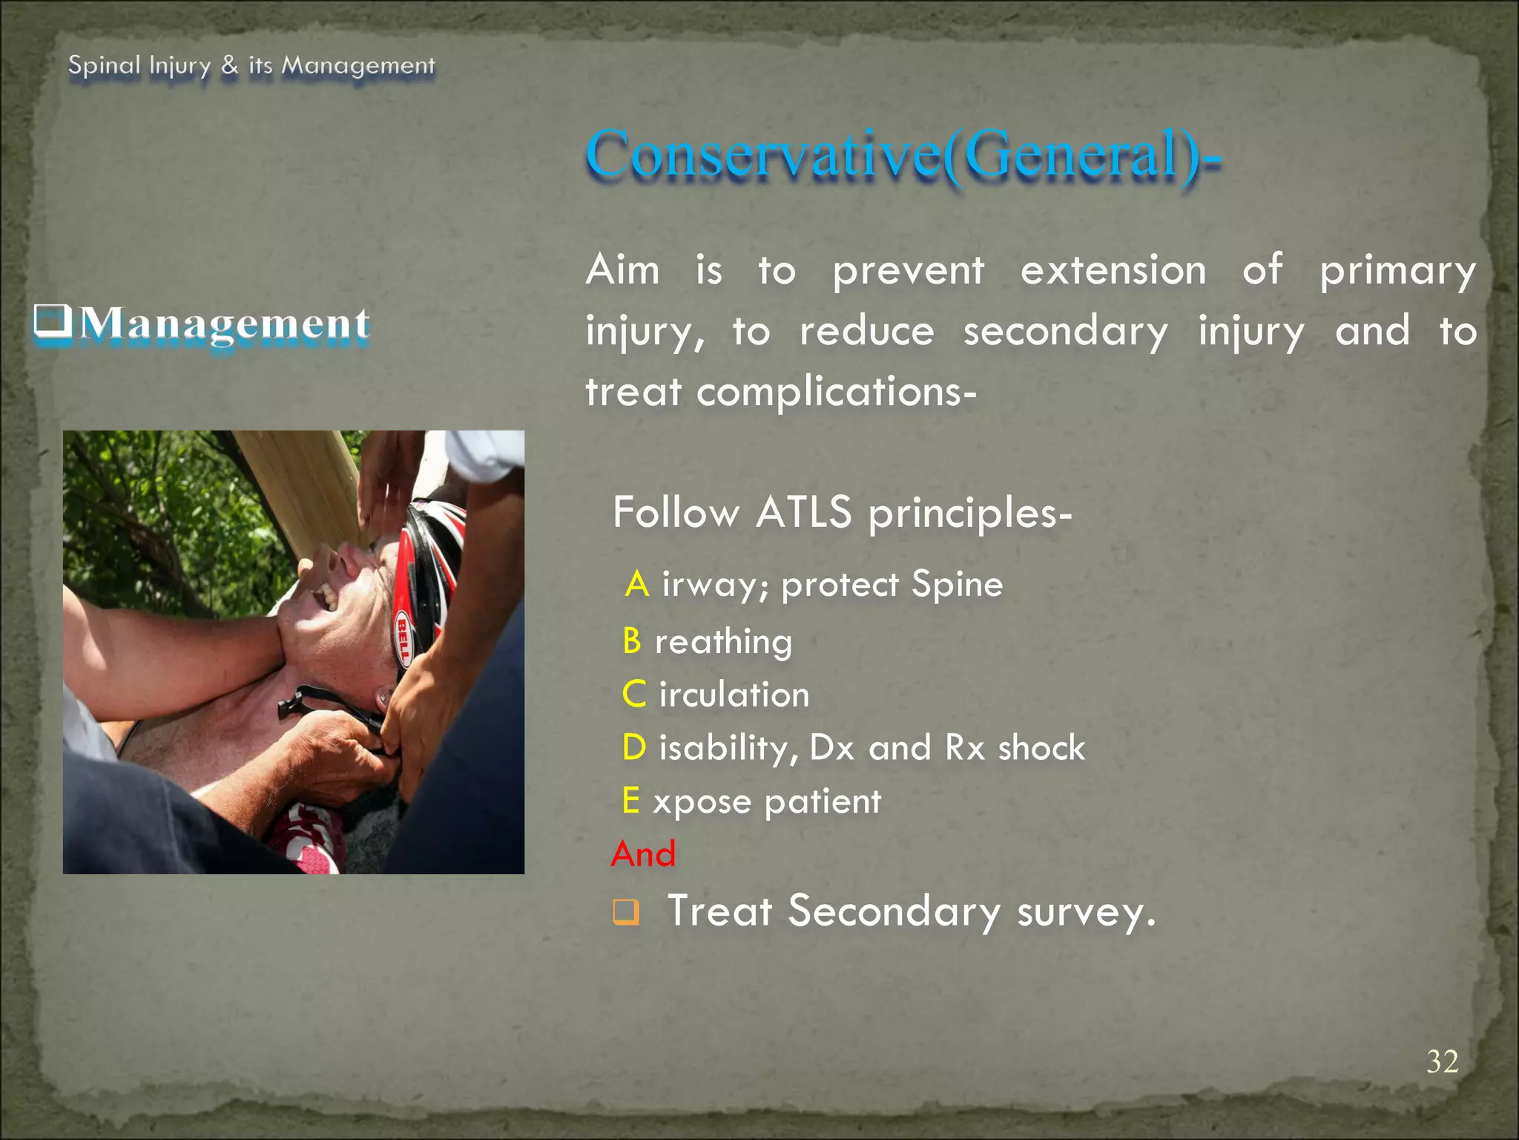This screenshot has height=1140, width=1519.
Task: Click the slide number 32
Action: pos(1442,1062)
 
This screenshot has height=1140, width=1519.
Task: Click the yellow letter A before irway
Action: pos(637,585)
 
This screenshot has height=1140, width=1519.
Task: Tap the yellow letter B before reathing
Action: pos(632,641)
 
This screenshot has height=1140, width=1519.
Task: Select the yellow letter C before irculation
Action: pos(634,695)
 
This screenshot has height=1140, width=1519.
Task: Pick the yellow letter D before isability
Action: pos(634,747)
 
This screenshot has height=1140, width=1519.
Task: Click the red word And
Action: pos(643,854)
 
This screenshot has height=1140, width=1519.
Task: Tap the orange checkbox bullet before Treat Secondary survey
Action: pos(625,912)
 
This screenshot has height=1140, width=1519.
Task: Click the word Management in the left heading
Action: pos(225,324)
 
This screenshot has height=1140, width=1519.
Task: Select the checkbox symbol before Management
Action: pos(53,321)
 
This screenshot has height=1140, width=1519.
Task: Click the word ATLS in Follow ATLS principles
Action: pos(804,513)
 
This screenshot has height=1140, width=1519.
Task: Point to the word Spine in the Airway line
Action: pos(957,584)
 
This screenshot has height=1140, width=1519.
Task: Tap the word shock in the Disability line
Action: pos(1041,747)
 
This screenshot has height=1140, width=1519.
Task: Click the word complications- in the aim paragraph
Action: pos(836,392)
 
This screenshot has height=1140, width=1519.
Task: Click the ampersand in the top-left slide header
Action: pos(230,65)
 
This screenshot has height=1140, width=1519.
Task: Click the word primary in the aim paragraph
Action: pos(1397,270)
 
